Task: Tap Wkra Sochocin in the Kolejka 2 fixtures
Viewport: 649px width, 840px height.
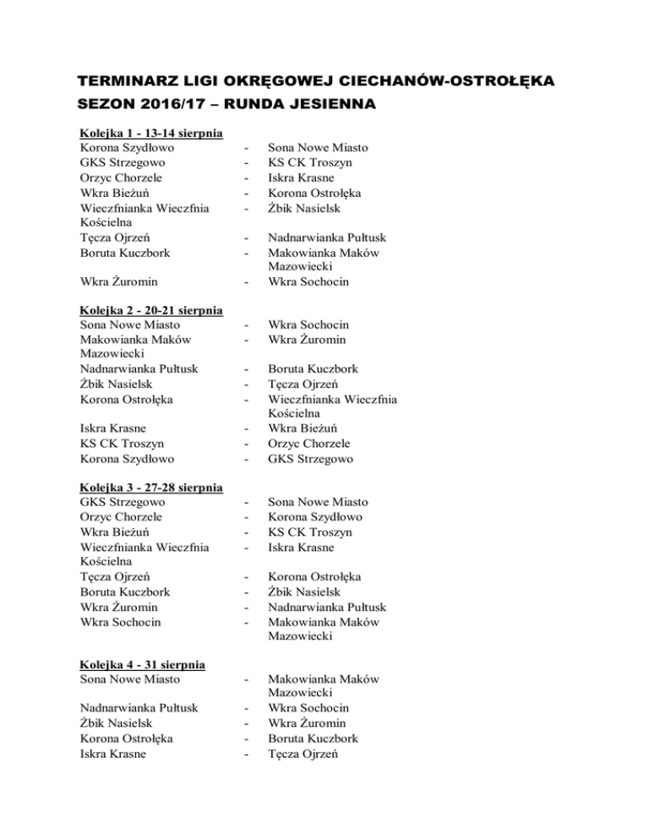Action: tap(308, 325)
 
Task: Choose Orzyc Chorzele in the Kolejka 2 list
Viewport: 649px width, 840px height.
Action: tap(308, 444)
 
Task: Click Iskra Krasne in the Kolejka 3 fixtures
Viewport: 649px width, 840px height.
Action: tap(302, 548)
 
